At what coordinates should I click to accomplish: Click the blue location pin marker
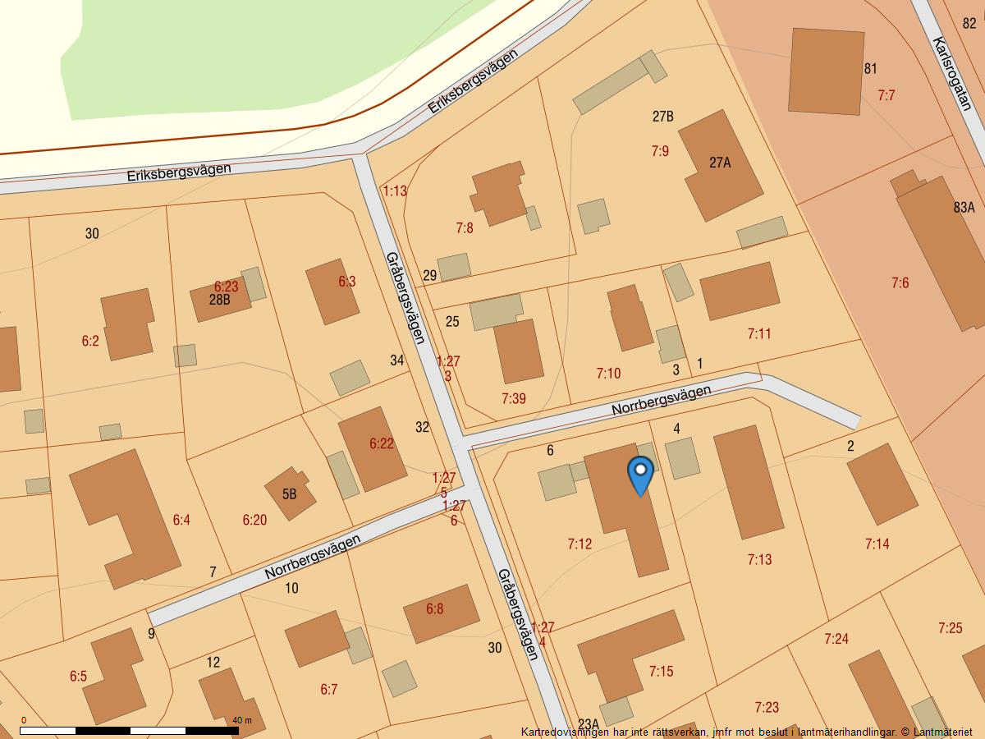point(639,475)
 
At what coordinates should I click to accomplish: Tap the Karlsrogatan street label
point(952,74)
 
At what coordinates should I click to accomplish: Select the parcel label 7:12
point(580,544)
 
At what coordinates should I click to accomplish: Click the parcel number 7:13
point(759,559)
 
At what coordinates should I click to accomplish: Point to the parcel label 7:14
point(877,544)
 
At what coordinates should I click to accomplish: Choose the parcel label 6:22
point(382,443)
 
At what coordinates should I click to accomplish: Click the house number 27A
point(720,163)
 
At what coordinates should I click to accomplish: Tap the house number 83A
point(964,208)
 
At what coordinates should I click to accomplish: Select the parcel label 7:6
point(900,283)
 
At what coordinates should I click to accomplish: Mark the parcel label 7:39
point(513,398)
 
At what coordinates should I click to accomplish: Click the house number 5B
point(289,494)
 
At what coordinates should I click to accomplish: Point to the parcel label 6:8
point(434,608)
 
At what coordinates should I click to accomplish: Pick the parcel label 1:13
point(395,190)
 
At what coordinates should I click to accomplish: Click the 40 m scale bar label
point(242,720)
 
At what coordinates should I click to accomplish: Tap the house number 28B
point(219,300)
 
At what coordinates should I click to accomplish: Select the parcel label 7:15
point(661,672)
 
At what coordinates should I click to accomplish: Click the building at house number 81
point(825,71)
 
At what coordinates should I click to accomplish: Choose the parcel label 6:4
point(181,520)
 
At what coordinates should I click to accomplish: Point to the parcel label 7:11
point(759,333)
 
